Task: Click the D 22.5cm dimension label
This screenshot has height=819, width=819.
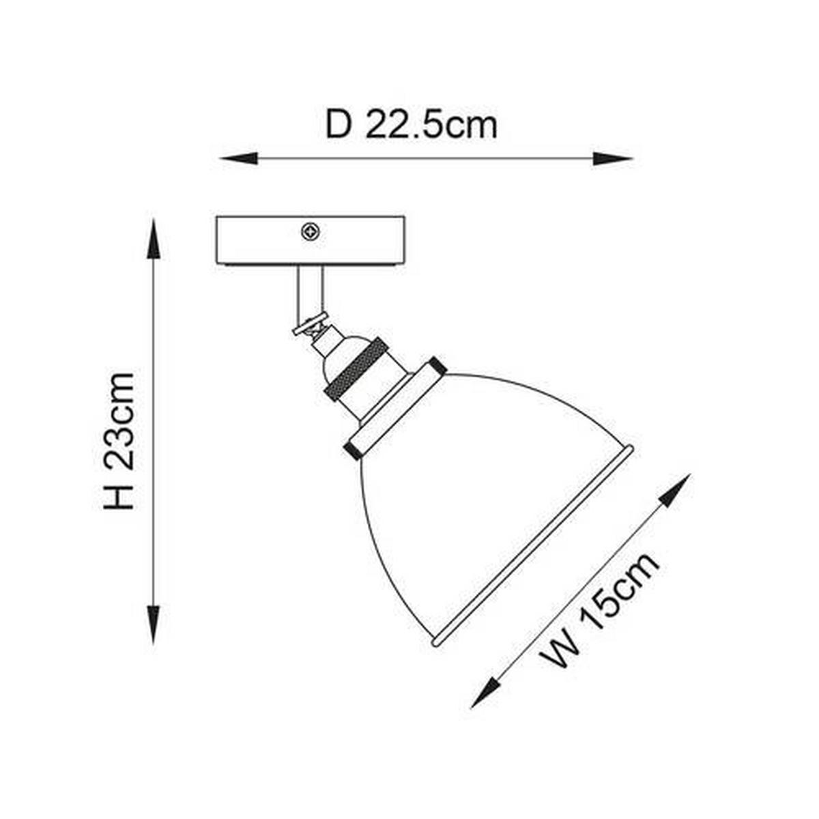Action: (x=411, y=125)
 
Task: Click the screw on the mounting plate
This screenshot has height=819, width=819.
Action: (x=311, y=232)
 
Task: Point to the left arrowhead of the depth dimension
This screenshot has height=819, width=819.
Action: (x=238, y=158)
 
